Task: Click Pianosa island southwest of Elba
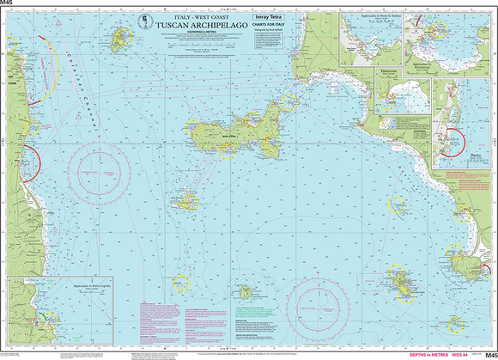click(185, 203)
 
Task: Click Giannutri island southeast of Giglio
click(456, 324)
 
